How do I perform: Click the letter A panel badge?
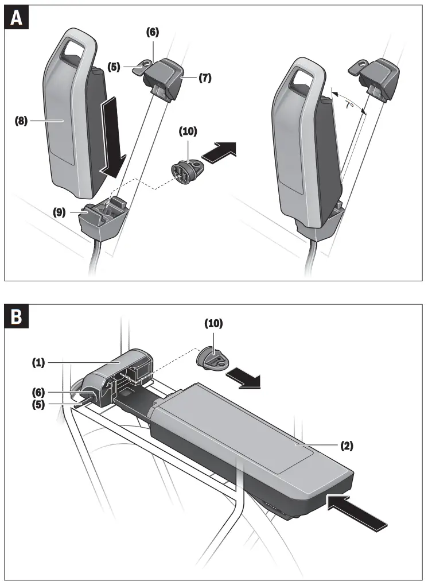click(x=17, y=18)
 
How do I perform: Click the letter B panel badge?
click(x=17, y=318)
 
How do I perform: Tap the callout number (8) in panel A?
click(x=21, y=122)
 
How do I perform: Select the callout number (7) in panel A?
click(x=205, y=78)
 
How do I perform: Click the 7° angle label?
click(x=349, y=106)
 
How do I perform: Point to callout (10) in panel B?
click(x=214, y=324)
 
